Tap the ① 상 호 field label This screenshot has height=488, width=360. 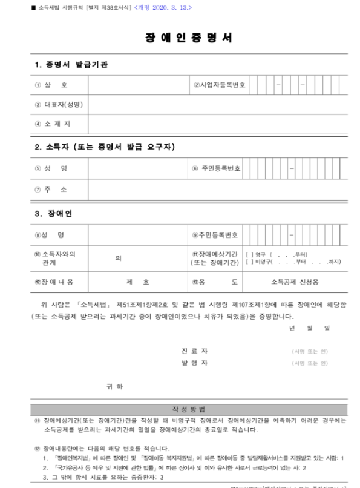click(x=51, y=84)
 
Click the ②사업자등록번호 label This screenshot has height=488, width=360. click(x=219, y=84)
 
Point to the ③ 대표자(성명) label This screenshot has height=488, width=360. click(x=59, y=104)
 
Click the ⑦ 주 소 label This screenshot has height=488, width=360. click(x=51, y=189)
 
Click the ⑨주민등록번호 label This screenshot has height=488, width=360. click(x=215, y=234)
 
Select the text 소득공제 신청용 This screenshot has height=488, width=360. click(x=295, y=282)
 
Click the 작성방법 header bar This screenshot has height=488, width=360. click(x=180, y=409)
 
